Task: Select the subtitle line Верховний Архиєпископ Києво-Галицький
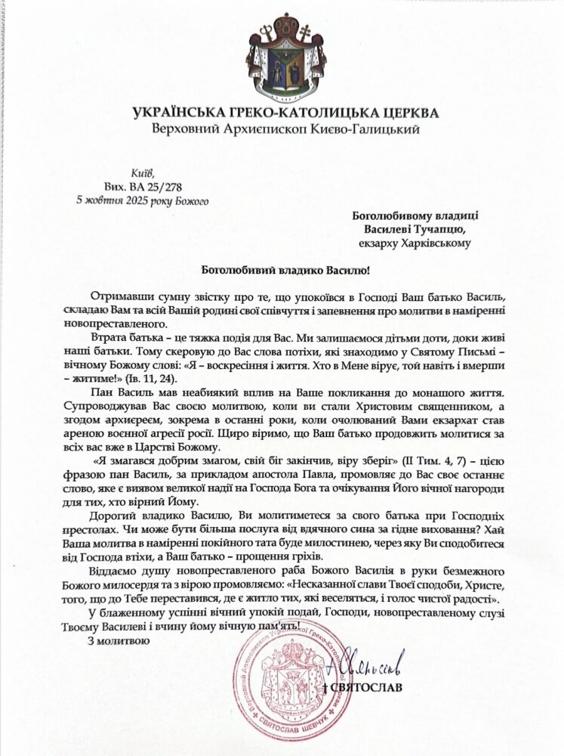pos(282,129)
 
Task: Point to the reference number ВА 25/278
pos(151,187)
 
